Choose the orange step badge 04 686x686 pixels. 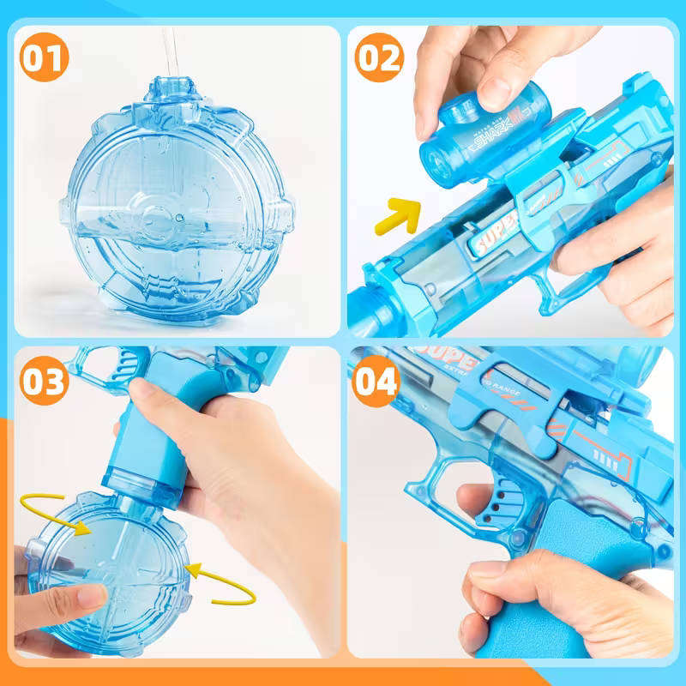pyautogui.click(x=376, y=381)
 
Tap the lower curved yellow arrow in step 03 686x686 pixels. pyautogui.click(x=221, y=582)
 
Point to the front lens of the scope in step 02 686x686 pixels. pyautogui.click(x=434, y=159)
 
